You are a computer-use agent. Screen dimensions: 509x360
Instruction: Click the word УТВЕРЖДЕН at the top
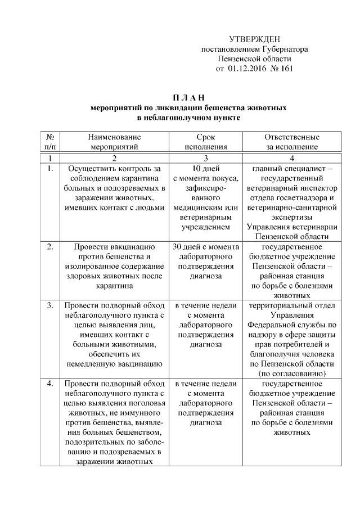pyautogui.click(x=254, y=39)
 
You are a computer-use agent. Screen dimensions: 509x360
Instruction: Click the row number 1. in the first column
pyautogui.click(x=49, y=168)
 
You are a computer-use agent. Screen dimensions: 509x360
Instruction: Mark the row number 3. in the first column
pyautogui.click(x=49, y=305)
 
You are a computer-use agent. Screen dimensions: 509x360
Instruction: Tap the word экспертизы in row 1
pyautogui.click(x=292, y=217)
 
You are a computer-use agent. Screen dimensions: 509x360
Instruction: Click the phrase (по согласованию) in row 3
pyautogui.click(x=292, y=373)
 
